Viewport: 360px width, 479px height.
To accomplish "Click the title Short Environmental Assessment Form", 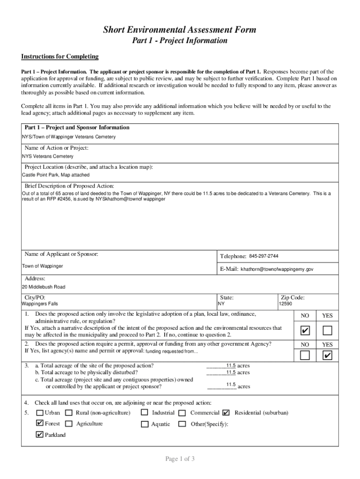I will (180, 30).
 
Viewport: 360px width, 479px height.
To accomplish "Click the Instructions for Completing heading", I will (60, 57).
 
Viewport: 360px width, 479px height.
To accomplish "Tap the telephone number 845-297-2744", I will (264, 256).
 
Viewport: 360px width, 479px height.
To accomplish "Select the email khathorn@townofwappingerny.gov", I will (277, 269).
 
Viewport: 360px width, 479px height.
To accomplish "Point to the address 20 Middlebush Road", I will (43, 287).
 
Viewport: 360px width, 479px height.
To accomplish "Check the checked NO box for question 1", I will (305, 331).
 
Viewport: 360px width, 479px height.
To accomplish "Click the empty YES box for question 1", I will (327, 331).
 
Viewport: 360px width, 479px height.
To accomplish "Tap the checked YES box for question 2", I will (327, 356).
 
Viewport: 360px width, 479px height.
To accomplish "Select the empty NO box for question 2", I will (305, 356).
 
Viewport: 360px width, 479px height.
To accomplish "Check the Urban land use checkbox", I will (40, 413).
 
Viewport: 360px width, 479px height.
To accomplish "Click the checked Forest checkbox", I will (40, 424).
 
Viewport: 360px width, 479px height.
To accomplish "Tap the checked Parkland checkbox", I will (40, 435).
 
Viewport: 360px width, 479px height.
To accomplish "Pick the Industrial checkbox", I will (144, 413).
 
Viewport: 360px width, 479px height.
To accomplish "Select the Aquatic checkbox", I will (144, 424).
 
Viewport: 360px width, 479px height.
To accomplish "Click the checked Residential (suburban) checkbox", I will (226, 413).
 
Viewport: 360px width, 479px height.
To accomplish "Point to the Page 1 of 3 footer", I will (180, 459).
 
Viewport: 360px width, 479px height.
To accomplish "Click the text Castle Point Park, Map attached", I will (56, 175).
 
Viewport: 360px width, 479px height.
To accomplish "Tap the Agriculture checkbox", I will (69, 424).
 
